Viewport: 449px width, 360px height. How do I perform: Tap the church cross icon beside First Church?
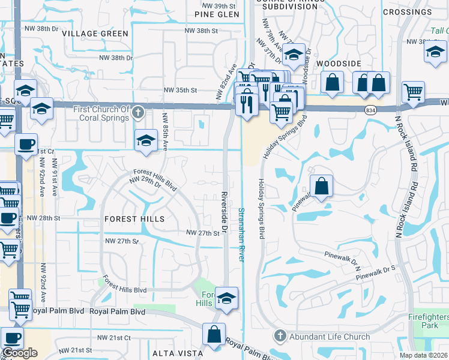coord(138,112)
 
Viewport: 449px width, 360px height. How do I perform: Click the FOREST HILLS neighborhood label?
coord(134,219)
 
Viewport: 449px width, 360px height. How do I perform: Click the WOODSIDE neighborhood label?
coord(339,63)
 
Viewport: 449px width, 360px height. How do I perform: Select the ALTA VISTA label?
coord(172,353)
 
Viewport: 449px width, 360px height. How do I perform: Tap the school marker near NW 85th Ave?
coord(146,141)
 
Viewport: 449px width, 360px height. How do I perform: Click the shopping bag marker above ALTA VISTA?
coord(214,335)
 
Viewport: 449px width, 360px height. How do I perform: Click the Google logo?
coord(20,353)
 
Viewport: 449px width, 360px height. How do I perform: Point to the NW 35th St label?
coord(181,90)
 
